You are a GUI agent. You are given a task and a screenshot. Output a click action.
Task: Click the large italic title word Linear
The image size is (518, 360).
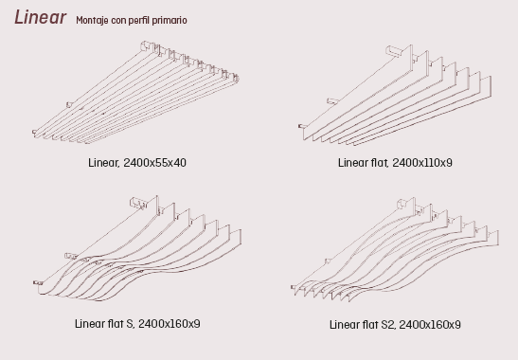(40, 17)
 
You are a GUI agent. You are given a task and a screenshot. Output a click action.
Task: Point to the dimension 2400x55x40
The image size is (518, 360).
(154, 163)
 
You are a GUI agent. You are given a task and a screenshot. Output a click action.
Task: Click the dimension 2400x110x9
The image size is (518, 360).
(422, 163)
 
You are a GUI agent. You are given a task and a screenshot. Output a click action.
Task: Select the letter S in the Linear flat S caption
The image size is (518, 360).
(130, 324)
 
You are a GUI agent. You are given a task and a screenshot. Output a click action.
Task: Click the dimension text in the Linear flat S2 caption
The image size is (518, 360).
(430, 325)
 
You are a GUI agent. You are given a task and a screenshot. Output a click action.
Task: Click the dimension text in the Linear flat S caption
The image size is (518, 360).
(170, 324)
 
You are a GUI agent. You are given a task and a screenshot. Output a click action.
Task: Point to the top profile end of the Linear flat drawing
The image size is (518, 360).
(394, 51)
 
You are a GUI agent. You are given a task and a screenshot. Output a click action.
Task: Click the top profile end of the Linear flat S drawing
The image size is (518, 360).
(138, 203)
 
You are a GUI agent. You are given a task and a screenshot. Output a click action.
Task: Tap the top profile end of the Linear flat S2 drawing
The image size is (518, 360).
(403, 204)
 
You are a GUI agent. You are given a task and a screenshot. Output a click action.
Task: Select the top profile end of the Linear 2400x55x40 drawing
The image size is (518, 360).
(147, 46)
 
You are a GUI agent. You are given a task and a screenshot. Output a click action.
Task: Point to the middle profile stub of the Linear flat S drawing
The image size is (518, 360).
(71, 256)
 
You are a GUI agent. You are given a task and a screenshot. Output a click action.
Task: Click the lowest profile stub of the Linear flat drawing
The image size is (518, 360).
(302, 126)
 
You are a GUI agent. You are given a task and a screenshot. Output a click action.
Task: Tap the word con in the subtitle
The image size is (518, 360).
(118, 21)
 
